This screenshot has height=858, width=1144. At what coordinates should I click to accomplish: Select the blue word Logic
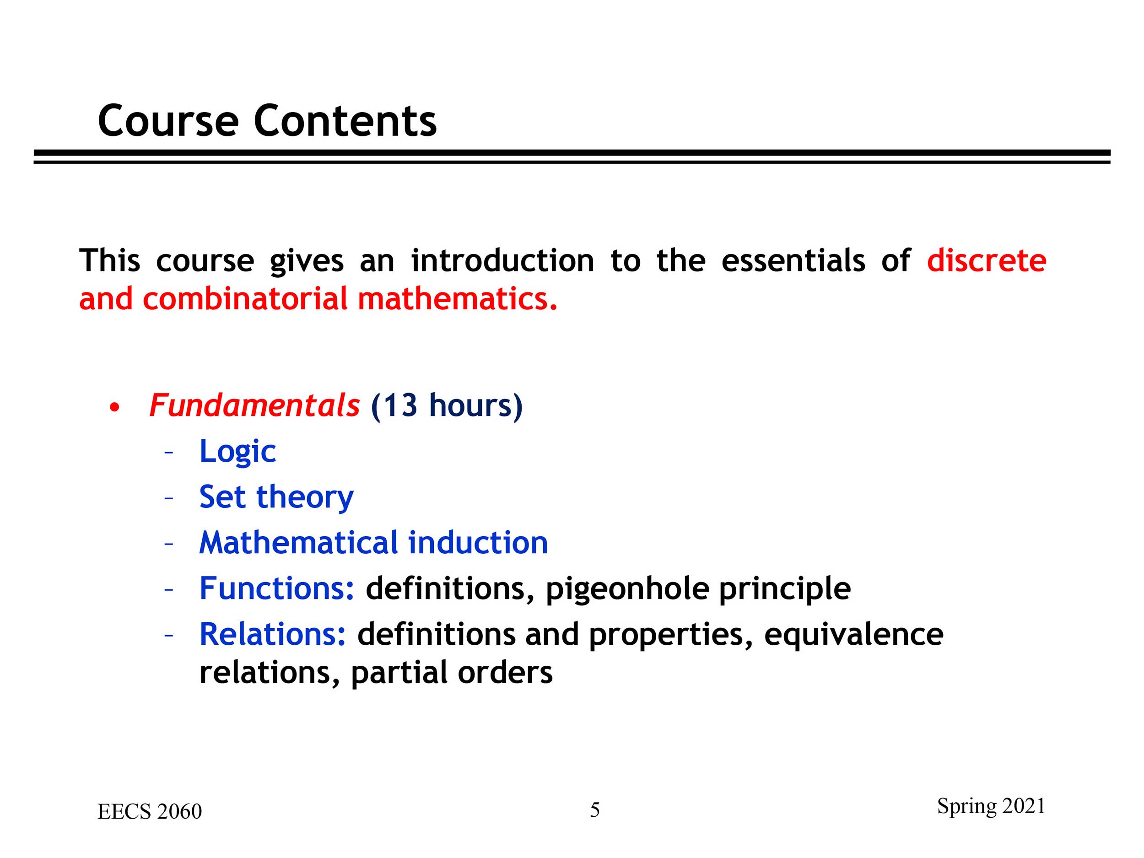tap(237, 452)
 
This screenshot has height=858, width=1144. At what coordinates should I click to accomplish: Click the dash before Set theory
tap(168, 498)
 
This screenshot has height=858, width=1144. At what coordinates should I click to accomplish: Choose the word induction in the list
tap(478, 543)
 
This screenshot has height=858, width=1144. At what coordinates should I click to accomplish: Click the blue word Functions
tap(277, 588)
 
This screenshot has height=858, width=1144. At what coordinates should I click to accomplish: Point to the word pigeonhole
tap(627, 589)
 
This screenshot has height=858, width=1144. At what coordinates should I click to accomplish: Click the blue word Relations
tap(273, 634)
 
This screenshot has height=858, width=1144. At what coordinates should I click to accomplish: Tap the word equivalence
tap(853, 635)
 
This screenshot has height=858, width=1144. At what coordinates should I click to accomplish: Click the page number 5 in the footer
tap(595, 810)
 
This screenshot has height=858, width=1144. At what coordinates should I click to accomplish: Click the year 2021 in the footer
tap(1024, 806)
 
